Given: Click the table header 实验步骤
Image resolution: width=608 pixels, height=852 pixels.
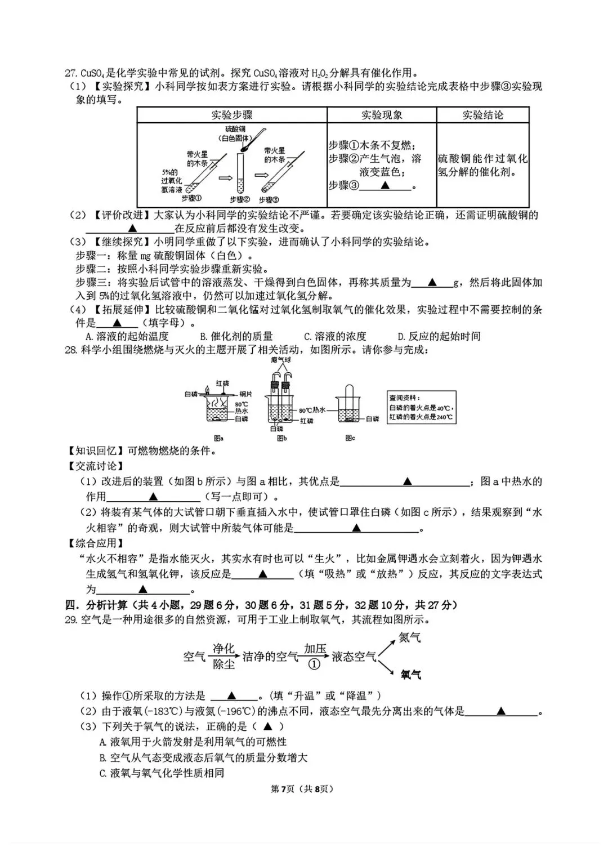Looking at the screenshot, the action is [232, 115].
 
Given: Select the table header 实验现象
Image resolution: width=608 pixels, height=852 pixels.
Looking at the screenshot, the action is [382, 115].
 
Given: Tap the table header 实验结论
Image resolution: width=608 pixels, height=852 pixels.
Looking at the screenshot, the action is [482, 115].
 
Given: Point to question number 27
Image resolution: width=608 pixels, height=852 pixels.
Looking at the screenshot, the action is [71, 73].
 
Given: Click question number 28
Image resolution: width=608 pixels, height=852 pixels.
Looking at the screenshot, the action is [71, 350].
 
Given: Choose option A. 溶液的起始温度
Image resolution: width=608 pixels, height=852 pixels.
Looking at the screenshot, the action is [127, 336].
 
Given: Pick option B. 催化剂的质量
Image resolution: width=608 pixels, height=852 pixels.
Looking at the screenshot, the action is [236, 336].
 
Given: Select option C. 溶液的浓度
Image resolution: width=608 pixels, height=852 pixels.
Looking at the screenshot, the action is [335, 336].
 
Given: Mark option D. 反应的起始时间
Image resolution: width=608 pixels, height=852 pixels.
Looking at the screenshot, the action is [439, 336].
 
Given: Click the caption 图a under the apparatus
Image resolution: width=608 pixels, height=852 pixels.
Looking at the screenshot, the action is [219, 438].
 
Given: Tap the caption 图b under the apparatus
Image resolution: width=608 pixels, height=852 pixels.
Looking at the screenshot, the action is [282, 438].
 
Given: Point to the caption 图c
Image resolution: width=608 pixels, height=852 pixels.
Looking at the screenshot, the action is [350, 438].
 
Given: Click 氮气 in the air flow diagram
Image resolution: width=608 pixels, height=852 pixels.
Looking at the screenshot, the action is [410, 638].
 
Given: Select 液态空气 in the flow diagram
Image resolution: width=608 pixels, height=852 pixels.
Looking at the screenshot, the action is [354, 657].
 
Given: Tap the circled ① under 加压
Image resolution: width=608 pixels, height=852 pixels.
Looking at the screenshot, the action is [315, 664].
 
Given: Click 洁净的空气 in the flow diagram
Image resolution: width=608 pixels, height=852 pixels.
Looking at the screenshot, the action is [270, 657].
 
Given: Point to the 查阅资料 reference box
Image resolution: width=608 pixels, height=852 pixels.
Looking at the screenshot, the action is [421, 407].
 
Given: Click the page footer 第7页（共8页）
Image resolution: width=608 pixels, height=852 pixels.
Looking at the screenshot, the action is [302, 789].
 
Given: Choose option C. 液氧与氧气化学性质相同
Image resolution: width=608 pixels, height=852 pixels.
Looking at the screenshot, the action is [162, 773].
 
